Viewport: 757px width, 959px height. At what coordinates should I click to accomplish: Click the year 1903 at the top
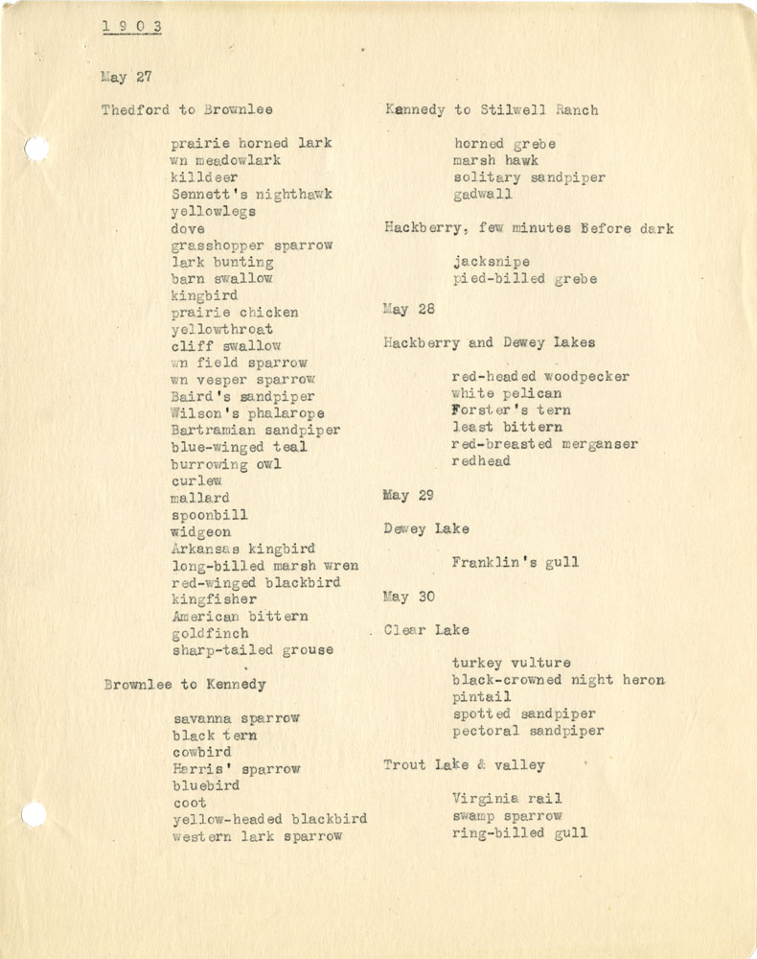[132, 27]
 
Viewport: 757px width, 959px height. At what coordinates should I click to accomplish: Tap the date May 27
[126, 77]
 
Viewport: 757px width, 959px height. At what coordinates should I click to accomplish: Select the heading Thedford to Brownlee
[188, 110]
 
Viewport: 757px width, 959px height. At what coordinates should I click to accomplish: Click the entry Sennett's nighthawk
[252, 194]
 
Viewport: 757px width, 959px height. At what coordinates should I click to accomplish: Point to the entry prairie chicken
[235, 312]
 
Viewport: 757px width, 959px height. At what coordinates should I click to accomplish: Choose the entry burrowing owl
[226, 464]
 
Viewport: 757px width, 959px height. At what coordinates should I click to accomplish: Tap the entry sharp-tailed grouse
[253, 650]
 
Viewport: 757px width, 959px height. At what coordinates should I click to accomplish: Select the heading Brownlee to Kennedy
[185, 685]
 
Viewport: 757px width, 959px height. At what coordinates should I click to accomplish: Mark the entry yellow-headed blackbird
[269, 819]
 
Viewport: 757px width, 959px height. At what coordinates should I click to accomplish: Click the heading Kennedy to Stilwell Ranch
[492, 110]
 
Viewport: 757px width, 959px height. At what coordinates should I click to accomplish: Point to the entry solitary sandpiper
[529, 177]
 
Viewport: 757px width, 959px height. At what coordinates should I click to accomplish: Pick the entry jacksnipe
[492, 262]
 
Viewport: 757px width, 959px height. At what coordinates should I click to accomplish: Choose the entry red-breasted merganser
[544, 444]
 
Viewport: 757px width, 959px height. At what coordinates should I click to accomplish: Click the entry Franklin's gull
[516, 562]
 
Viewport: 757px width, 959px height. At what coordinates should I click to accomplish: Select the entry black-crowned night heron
[559, 680]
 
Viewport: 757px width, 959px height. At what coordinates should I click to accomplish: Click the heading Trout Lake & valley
[464, 764]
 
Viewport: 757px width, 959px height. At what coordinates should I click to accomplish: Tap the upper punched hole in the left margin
[35, 149]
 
